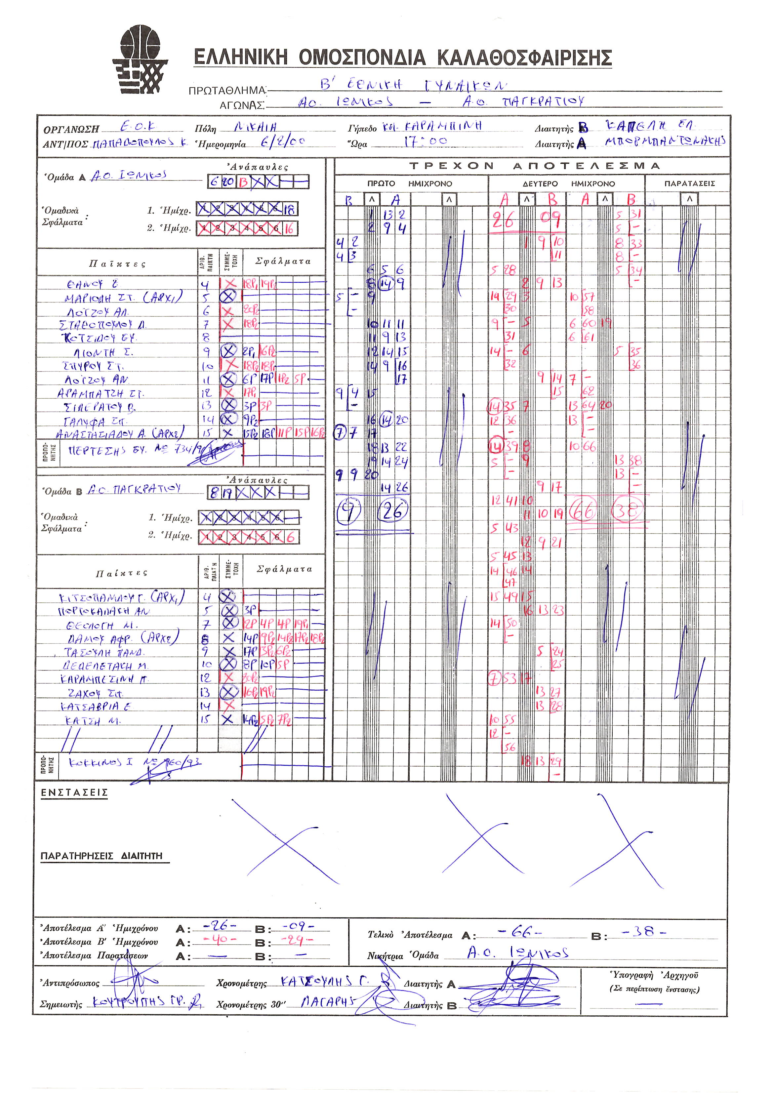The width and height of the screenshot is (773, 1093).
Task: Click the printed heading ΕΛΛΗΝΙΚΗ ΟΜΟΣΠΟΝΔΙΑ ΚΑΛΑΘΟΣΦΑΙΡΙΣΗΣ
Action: click(x=402, y=58)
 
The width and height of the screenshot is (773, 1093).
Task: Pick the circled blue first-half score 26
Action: click(x=393, y=511)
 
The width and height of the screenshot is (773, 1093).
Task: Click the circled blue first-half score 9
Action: click(x=348, y=512)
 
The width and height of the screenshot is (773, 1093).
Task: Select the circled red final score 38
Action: click(x=628, y=510)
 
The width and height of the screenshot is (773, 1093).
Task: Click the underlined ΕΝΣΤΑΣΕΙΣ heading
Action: click(x=74, y=792)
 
